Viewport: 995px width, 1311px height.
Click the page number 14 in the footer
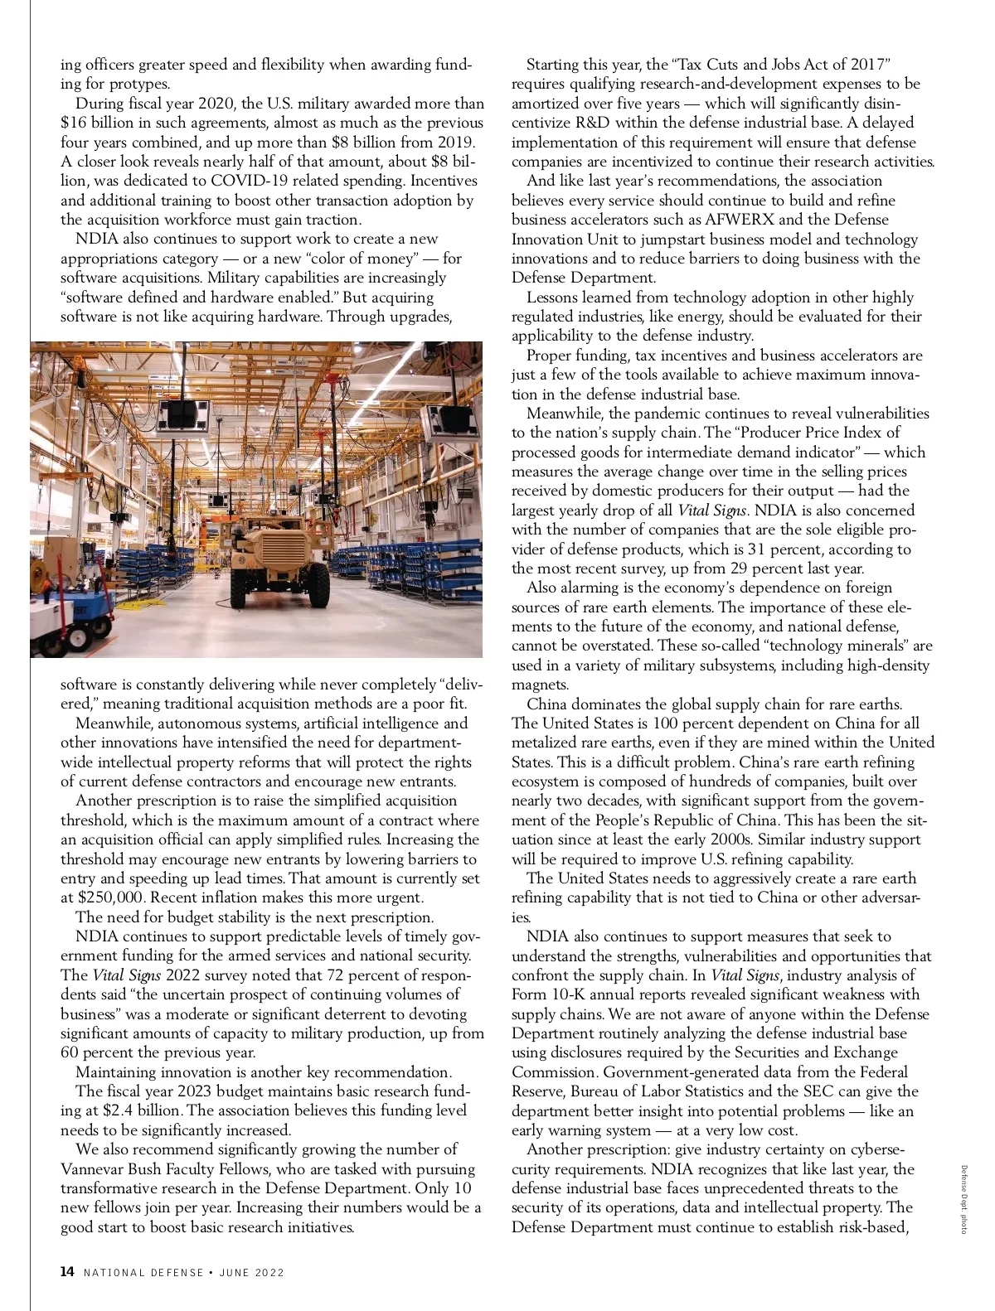(67, 1272)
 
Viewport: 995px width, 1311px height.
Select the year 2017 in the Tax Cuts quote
(871, 65)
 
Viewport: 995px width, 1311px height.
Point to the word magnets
(540, 685)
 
